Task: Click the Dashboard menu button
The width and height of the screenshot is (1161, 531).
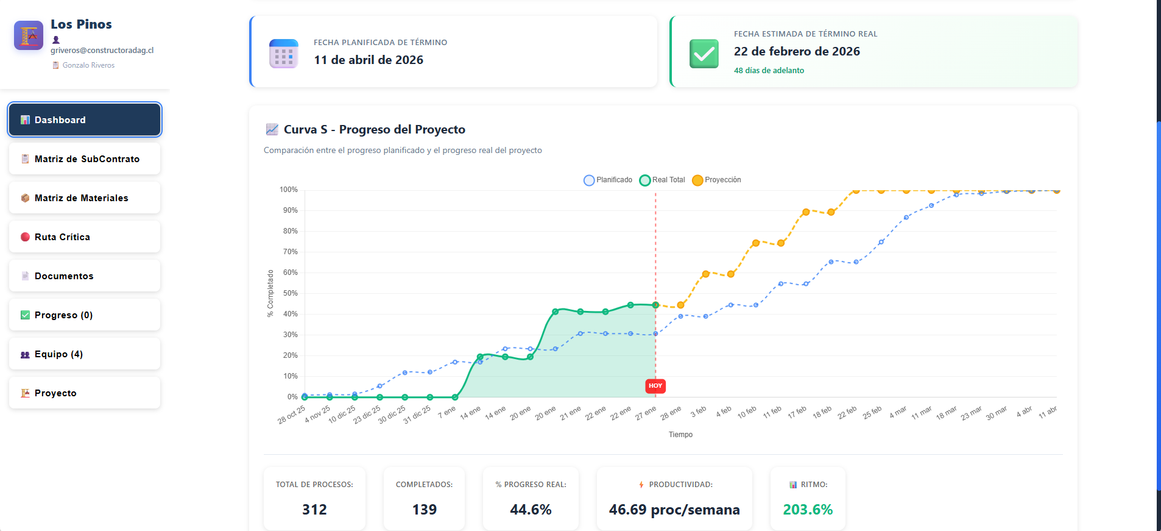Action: tap(85, 120)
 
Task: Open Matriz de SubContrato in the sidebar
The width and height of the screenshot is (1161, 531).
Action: tap(85, 159)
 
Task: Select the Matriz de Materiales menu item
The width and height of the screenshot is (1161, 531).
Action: tap(85, 198)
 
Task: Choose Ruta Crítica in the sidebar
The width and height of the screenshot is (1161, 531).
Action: tap(85, 237)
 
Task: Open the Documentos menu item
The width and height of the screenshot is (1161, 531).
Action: tap(85, 276)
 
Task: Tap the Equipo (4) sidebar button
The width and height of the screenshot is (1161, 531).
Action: tap(85, 354)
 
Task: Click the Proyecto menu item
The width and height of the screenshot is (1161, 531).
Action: tap(85, 393)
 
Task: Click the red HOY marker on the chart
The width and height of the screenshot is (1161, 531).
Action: tap(655, 386)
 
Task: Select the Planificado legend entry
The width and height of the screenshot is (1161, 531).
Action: tap(608, 180)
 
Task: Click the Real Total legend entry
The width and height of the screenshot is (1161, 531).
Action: tap(662, 180)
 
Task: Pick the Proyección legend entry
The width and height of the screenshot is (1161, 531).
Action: tap(716, 180)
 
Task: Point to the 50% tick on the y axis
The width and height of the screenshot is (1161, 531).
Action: tap(291, 293)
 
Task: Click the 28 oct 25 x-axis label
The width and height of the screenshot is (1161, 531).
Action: tap(292, 415)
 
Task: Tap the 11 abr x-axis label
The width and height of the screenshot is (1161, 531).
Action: tap(1048, 412)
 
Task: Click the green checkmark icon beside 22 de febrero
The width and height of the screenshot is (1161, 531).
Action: tap(704, 54)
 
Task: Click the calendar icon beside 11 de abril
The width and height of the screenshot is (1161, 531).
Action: tap(283, 54)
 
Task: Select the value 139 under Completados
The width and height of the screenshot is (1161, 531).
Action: tap(425, 510)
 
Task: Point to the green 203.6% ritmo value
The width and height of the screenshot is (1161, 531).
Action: tap(808, 510)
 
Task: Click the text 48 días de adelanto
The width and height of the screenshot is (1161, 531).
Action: tap(769, 71)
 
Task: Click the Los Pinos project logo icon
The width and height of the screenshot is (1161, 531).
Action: tap(29, 35)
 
